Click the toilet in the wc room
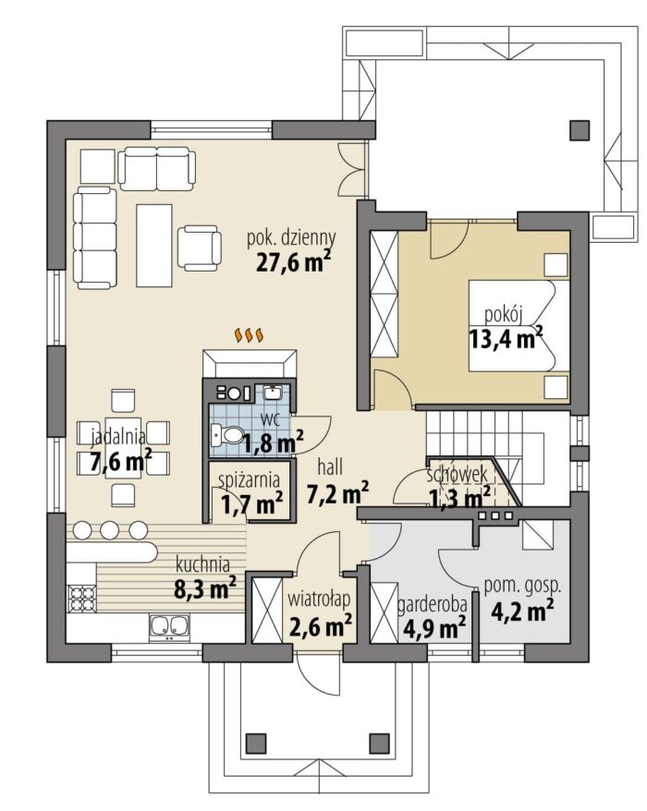227,435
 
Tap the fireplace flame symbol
250,335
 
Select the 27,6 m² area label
294,261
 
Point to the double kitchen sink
169,626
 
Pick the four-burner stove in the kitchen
81,599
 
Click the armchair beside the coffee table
200,248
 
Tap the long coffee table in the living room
153,245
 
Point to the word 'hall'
330,466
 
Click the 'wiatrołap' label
319,599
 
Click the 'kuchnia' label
203,563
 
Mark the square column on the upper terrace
580,130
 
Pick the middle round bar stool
110,530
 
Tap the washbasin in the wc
273,393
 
